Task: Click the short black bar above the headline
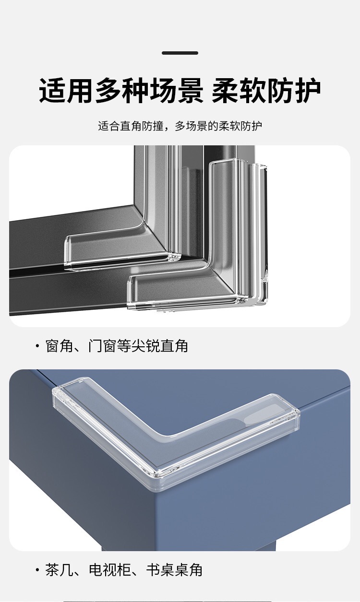click(x=180, y=53)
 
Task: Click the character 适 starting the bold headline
click(x=53, y=90)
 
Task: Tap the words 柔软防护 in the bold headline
click(x=266, y=90)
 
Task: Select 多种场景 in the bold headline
click(x=149, y=90)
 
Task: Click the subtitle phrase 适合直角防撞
click(x=131, y=126)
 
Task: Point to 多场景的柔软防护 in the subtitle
click(x=218, y=126)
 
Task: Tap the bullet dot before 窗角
click(x=37, y=345)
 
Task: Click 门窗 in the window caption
click(x=102, y=346)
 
